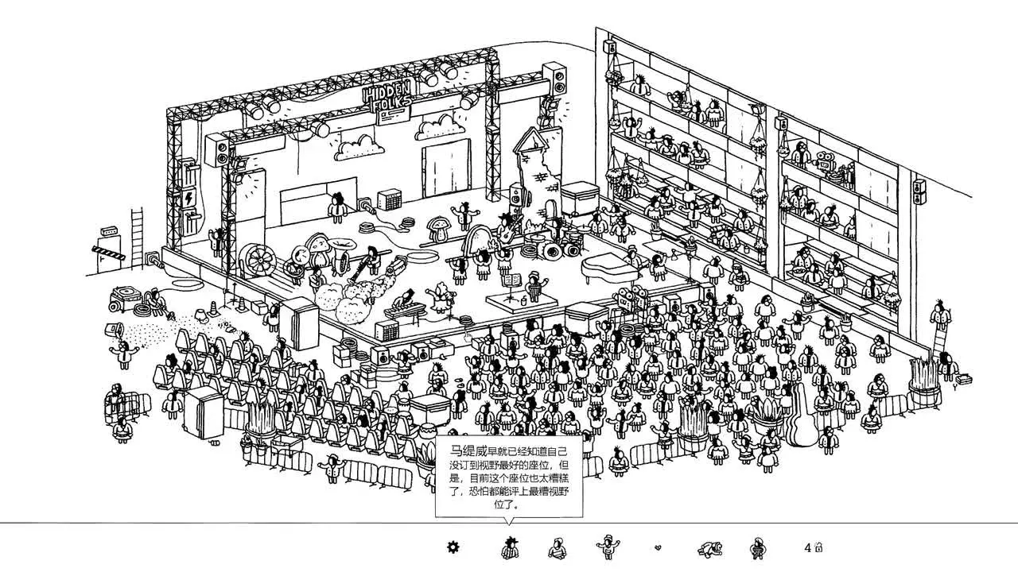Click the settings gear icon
click(x=453, y=547)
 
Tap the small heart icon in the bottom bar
click(x=657, y=547)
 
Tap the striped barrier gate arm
click(x=111, y=253)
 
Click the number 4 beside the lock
click(x=807, y=547)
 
